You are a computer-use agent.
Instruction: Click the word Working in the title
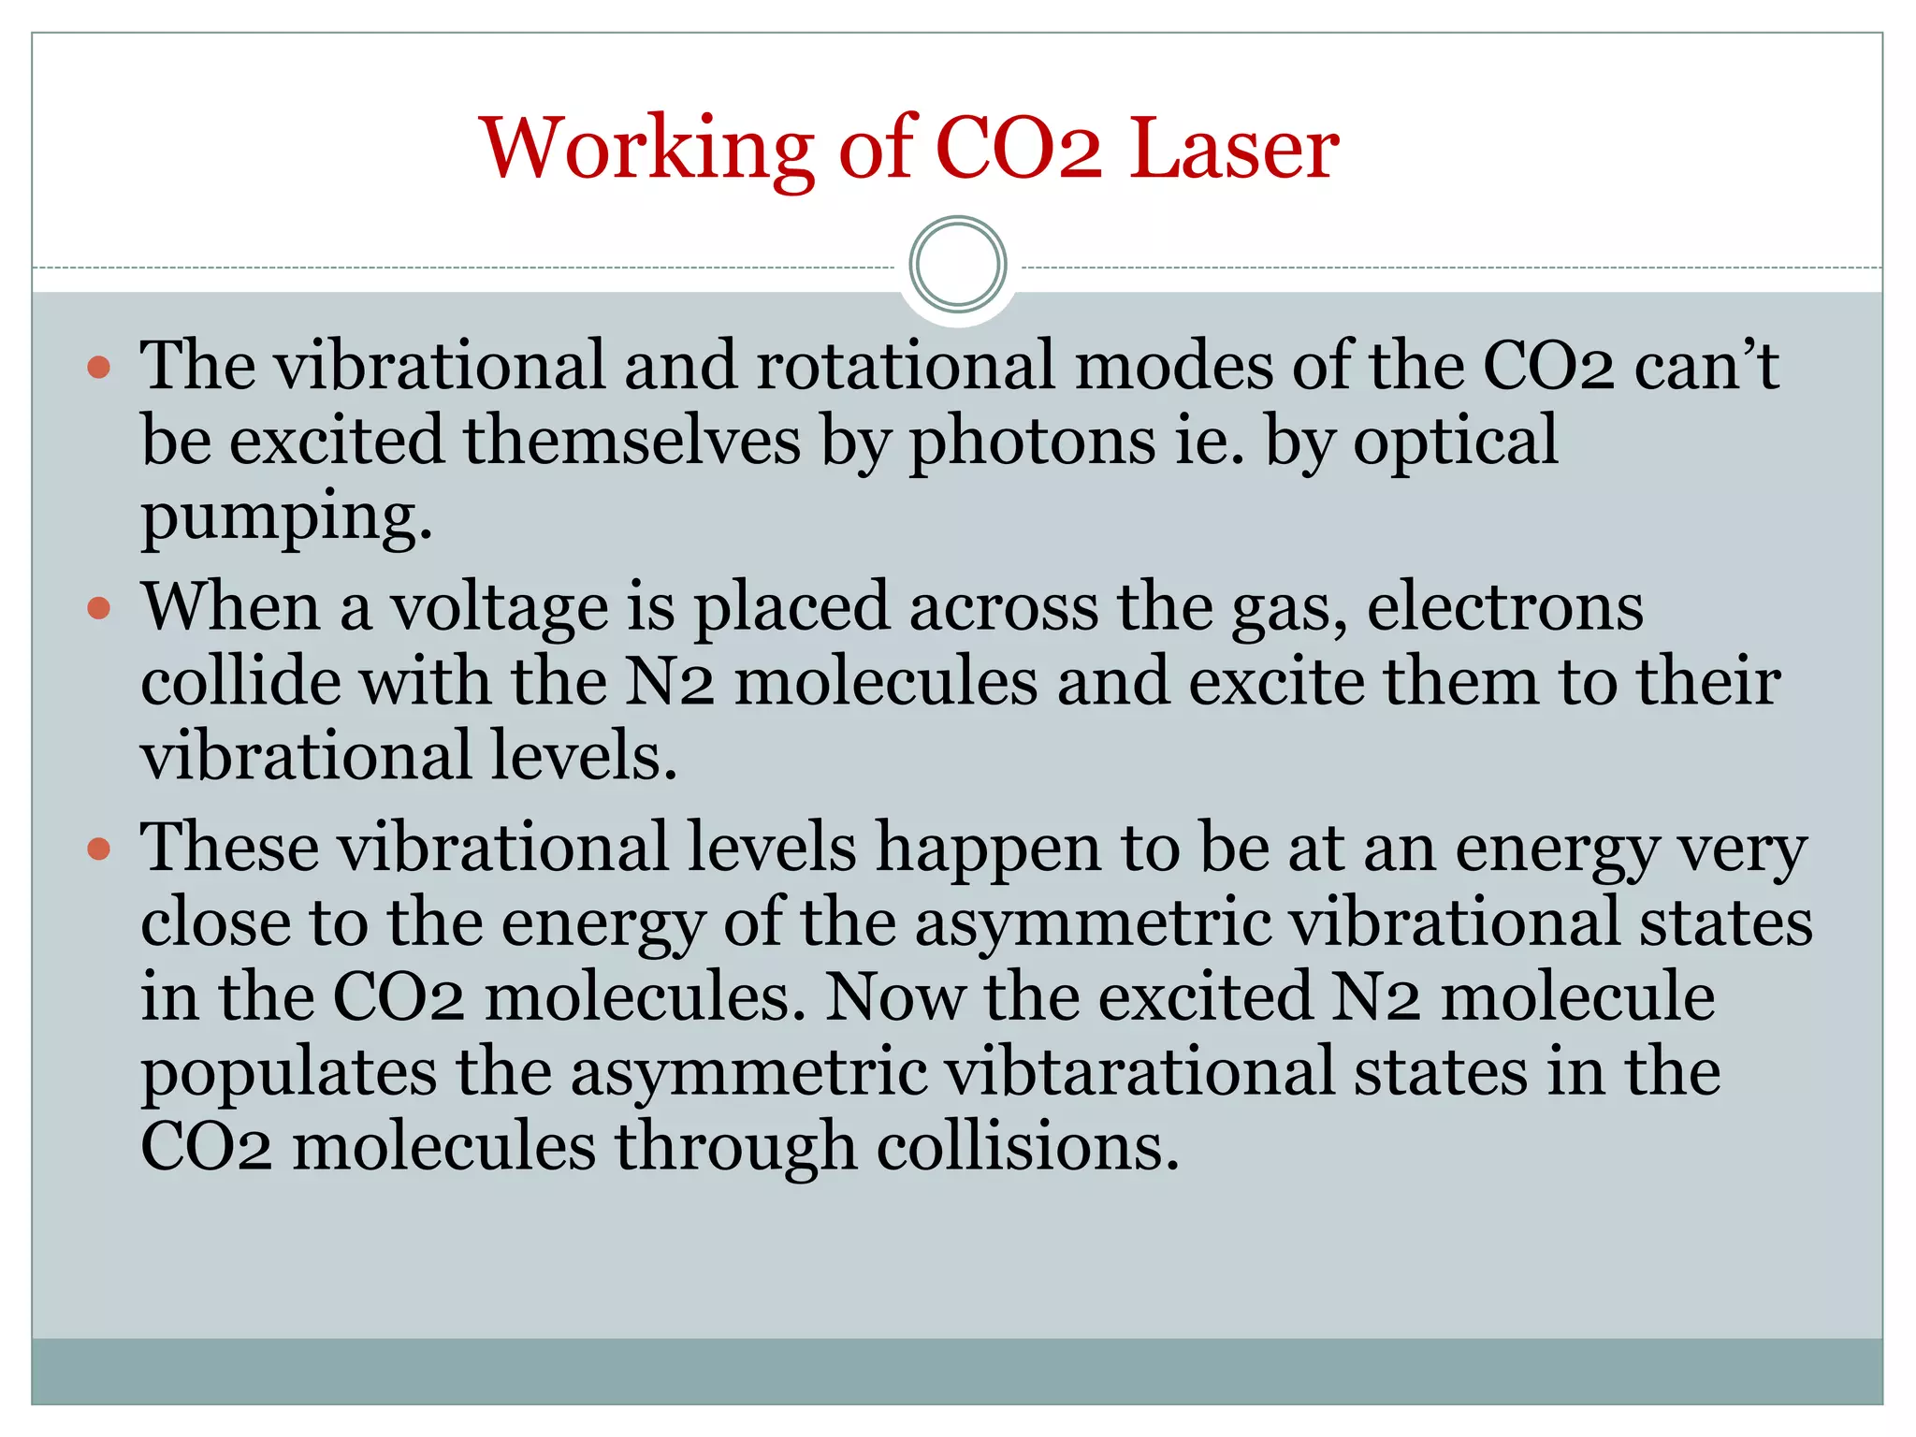646,150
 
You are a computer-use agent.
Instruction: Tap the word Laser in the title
1234,150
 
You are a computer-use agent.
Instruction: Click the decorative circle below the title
958,265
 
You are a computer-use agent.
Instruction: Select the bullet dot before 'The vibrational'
98,367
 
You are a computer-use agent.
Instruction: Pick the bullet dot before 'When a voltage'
98,609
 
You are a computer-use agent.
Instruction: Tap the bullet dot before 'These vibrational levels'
98,849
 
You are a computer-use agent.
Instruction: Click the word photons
1032,442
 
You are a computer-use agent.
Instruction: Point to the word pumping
286,516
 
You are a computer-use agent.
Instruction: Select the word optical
1456,442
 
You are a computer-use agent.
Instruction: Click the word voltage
499,609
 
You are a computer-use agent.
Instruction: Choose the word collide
240,682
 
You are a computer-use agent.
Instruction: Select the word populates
288,1072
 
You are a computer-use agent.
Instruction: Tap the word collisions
1027,1147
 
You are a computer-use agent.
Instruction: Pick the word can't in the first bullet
1706,367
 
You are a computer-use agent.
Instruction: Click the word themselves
632,442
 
